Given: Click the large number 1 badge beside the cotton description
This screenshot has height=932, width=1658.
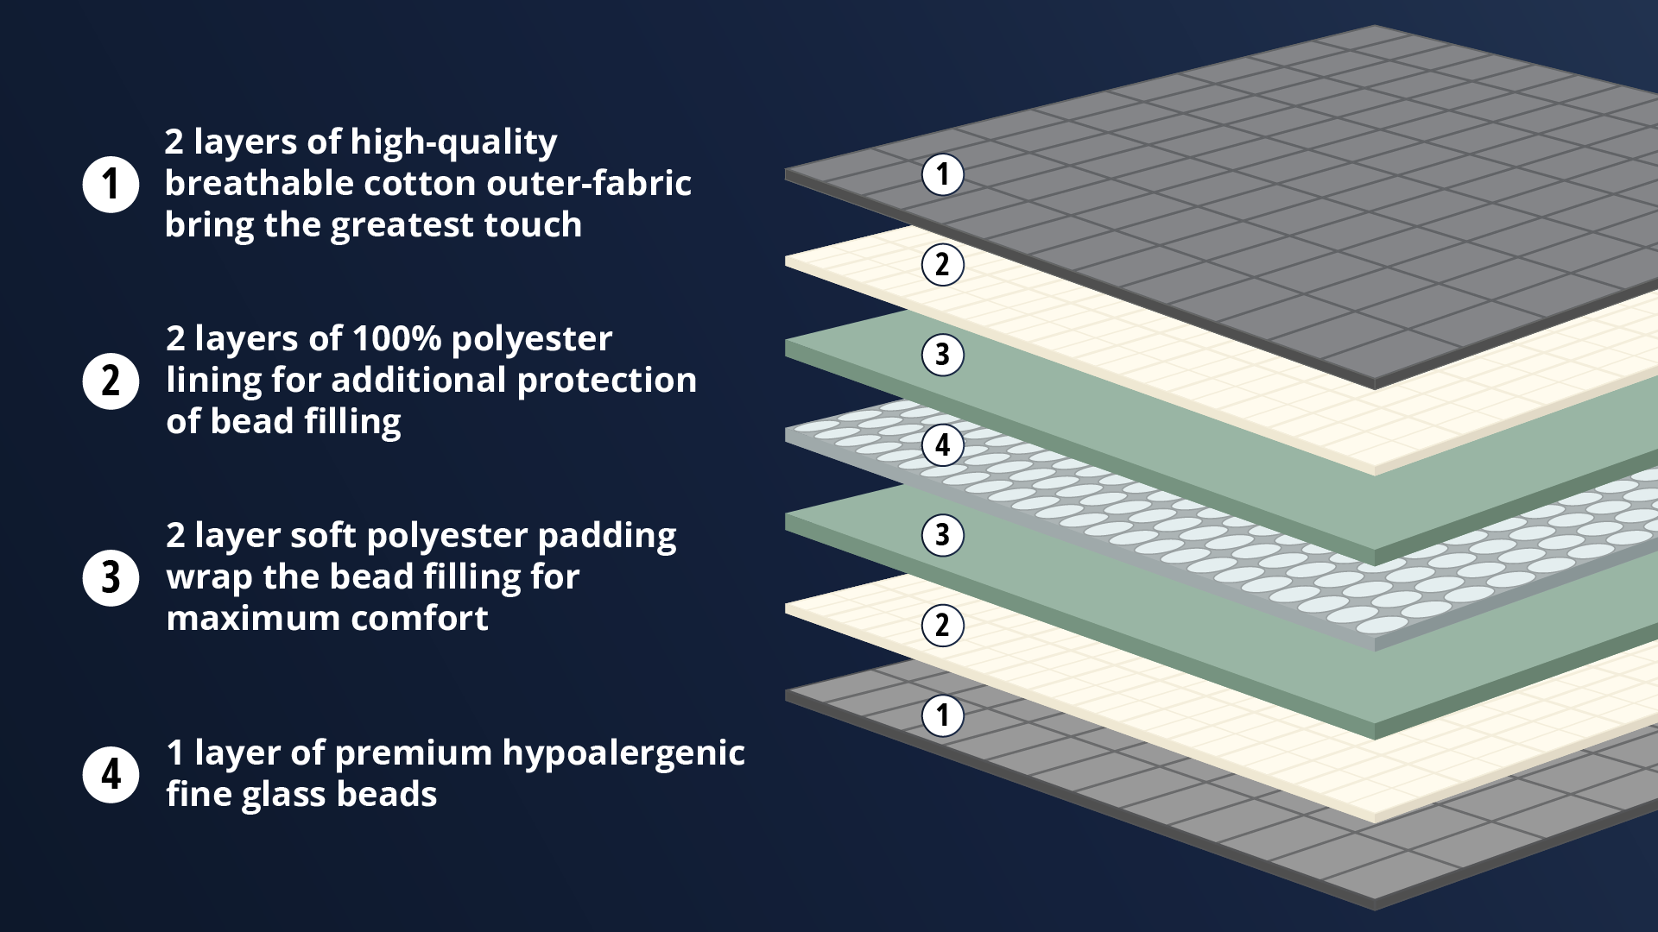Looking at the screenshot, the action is [x=111, y=184].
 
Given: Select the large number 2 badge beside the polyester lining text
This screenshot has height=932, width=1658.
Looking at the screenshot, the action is [x=111, y=381].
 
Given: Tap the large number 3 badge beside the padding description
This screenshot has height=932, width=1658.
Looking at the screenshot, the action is [x=111, y=577].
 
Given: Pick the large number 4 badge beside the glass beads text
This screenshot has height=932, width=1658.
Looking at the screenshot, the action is [x=111, y=774].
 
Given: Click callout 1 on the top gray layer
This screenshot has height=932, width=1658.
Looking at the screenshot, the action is [x=942, y=174].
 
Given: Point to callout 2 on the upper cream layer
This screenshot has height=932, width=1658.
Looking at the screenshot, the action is [x=942, y=264].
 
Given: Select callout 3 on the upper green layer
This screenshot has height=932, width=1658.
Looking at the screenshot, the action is [x=942, y=354].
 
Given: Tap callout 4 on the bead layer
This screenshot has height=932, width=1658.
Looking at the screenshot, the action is [x=942, y=444].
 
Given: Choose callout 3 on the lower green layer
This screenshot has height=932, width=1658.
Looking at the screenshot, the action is [x=942, y=534].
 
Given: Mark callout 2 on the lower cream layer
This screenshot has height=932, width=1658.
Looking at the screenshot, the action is [x=942, y=625].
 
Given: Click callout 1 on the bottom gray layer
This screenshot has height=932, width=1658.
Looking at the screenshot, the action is [x=942, y=715].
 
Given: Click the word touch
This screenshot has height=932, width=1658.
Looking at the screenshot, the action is [x=532, y=224].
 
